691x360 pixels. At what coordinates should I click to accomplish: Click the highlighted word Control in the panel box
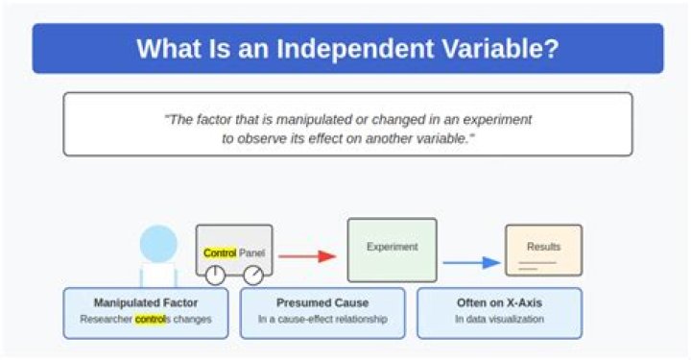pyautogui.click(x=220, y=253)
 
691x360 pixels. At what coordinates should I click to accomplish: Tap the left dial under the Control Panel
pyautogui.click(x=215, y=276)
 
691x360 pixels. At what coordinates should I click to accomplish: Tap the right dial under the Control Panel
pyautogui.click(x=253, y=276)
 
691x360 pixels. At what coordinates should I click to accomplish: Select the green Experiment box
pyautogui.click(x=392, y=250)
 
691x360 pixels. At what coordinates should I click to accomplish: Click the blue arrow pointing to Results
pyautogui.click(x=472, y=262)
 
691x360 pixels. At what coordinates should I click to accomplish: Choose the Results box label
pyautogui.click(x=543, y=247)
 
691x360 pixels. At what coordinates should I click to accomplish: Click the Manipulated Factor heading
pyautogui.click(x=146, y=302)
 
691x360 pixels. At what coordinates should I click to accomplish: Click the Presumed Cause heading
pyautogui.click(x=322, y=302)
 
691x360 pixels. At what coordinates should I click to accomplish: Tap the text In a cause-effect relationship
pyautogui.click(x=322, y=319)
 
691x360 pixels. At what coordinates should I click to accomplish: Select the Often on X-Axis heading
pyautogui.click(x=499, y=302)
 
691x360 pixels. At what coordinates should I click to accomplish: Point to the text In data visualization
pyautogui.click(x=499, y=319)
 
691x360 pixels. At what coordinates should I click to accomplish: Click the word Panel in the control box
pyautogui.click(x=251, y=253)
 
